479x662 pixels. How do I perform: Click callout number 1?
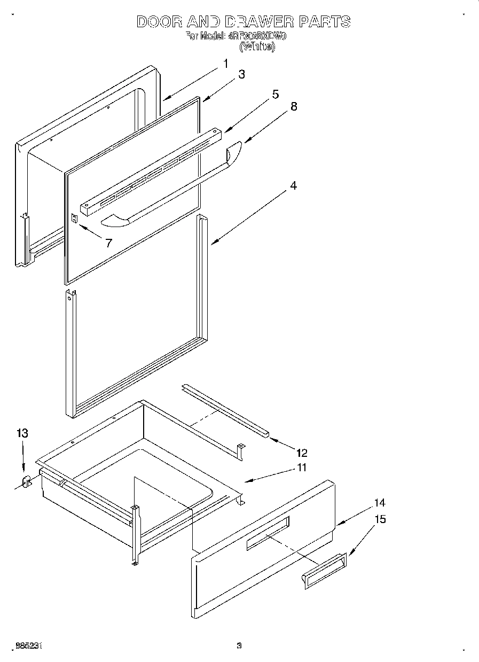pyautogui.click(x=225, y=64)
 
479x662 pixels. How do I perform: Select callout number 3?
pyautogui.click(x=241, y=75)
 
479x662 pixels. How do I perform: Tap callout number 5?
pyautogui.click(x=275, y=95)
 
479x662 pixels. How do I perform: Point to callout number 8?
pyautogui.click(x=293, y=106)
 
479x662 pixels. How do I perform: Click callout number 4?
pyautogui.click(x=293, y=186)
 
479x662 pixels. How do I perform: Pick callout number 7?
pyautogui.click(x=108, y=243)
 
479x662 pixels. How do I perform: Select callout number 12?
pyautogui.click(x=302, y=453)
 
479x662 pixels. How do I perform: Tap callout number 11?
pyautogui.click(x=302, y=468)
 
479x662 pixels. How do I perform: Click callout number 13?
pyautogui.click(x=22, y=433)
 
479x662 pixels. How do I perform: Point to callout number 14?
pyautogui.click(x=380, y=503)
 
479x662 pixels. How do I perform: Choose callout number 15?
pyautogui.click(x=380, y=519)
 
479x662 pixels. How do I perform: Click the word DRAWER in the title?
pyautogui.click(x=259, y=22)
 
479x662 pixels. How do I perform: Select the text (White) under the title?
pyautogui.click(x=257, y=47)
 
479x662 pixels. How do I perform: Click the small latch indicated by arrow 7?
pyautogui.click(x=74, y=219)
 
